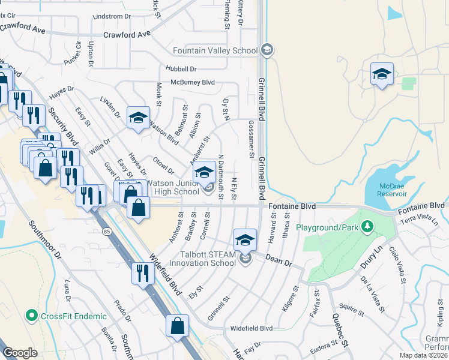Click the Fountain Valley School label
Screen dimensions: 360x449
(x=215, y=50)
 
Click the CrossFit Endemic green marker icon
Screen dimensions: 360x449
(x=32, y=316)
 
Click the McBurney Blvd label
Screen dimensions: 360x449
(x=193, y=82)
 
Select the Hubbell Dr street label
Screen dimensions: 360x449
(x=183, y=69)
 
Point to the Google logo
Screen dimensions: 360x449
(x=20, y=352)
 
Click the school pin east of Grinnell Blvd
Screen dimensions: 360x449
(x=382, y=74)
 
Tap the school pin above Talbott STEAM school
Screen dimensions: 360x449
(x=245, y=240)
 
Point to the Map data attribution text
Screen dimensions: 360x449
(x=424, y=355)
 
